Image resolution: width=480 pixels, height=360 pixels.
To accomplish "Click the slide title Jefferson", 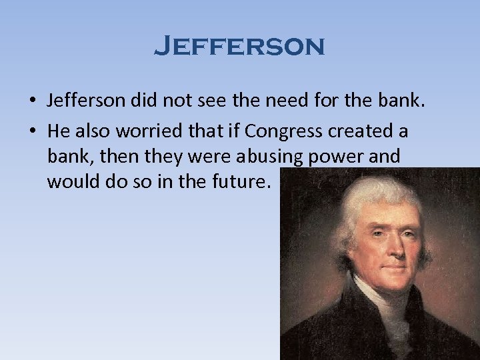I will (239, 47).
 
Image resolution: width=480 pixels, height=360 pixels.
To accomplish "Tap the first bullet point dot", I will (32, 101).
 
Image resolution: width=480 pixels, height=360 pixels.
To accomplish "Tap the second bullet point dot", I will (32, 132).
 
